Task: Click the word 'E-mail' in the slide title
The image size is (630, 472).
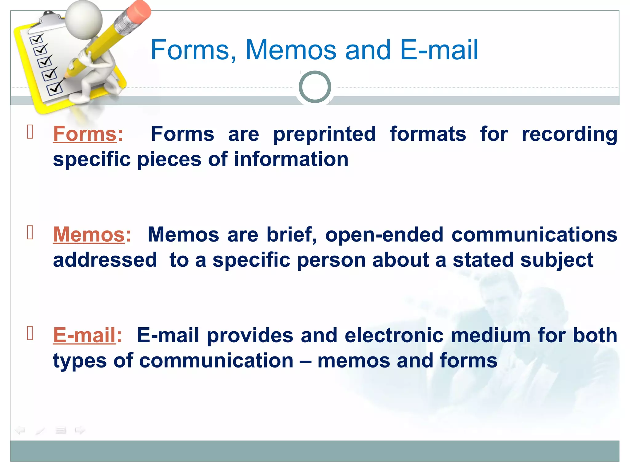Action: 439,50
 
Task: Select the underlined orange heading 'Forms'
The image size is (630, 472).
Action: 85,134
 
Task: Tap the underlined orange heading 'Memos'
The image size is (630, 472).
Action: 89,234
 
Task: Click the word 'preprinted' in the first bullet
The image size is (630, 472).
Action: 325,135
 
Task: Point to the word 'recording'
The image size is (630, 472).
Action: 569,135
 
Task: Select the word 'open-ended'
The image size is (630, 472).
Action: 384,234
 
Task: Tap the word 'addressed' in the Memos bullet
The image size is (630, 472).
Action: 105,260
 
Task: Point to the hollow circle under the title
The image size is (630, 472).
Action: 315,87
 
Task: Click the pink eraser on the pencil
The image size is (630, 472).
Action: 139,11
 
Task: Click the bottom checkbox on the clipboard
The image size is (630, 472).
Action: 54,89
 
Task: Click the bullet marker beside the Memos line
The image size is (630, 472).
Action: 30,232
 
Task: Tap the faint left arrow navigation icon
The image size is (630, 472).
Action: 20,430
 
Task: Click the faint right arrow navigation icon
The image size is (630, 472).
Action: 80,430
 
